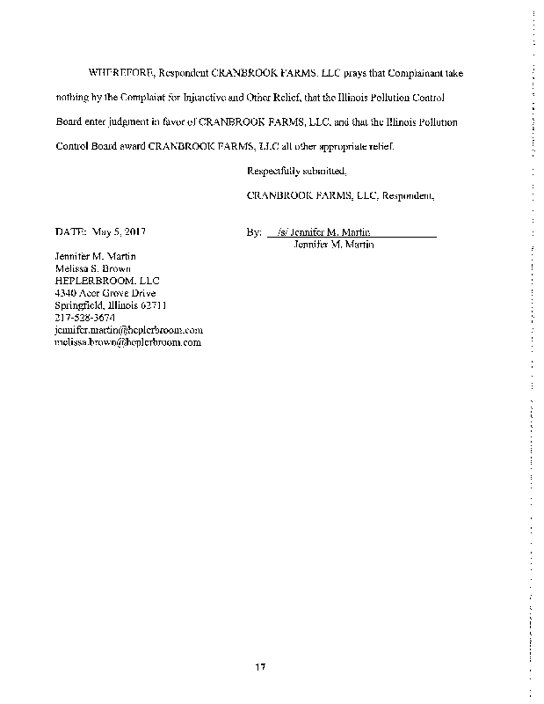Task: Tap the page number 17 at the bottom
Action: point(261,665)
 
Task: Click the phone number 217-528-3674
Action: point(84,318)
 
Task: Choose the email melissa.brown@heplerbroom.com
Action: point(128,342)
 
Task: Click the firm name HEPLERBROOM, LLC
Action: point(102,281)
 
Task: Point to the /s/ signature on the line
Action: point(282,232)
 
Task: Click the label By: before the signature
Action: point(255,232)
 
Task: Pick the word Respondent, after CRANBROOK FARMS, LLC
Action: point(408,195)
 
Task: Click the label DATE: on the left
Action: point(70,232)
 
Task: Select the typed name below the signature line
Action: point(334,245)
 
